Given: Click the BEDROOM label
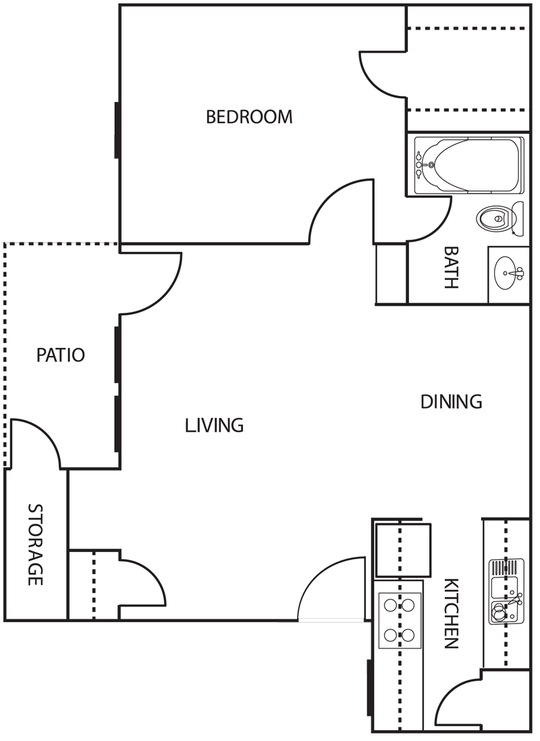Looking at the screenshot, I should point(249,117).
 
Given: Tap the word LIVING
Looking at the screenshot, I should point(214,426).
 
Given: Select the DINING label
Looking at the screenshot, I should point(451,402).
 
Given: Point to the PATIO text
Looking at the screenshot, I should point(61,355).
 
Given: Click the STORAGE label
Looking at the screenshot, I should point(35,544).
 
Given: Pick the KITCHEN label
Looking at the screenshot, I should point(452,613).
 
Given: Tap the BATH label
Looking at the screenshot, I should point(450,267).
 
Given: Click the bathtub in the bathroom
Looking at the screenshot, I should point(468,165).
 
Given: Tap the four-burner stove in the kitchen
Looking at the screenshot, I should point(400,620).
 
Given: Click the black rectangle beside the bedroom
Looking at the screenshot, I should point(59,188).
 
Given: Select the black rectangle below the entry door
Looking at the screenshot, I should point(323,648).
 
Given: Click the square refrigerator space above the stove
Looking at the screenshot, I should point(402,549).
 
